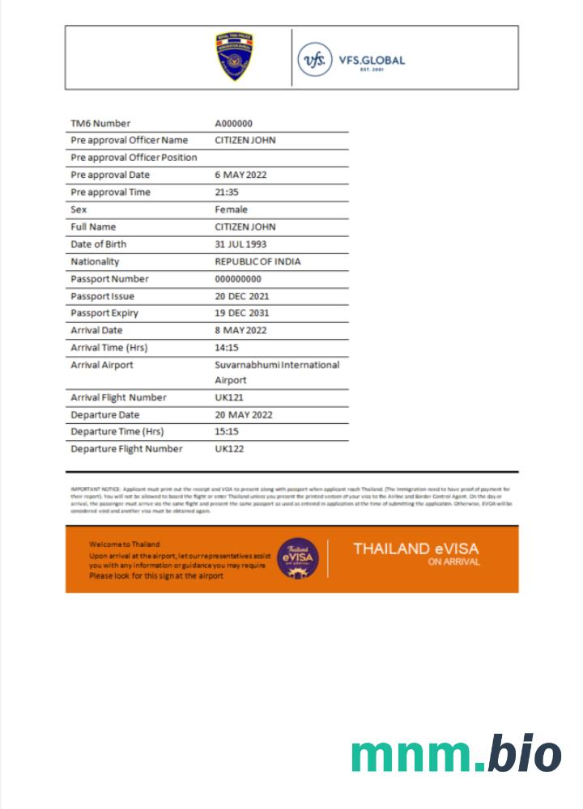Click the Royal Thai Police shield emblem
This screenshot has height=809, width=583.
233,57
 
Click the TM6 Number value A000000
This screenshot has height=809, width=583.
234,124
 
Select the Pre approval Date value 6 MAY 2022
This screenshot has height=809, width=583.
240,175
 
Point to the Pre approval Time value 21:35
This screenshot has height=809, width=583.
228,193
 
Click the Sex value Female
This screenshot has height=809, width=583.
231,210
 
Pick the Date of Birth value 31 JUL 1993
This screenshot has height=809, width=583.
240,244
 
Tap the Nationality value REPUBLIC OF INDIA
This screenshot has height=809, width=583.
257,261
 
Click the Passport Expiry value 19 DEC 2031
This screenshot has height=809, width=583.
242,313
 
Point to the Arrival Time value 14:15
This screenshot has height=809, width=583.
228,347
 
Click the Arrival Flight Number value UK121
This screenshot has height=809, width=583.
229,397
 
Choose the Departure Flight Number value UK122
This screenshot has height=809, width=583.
229,449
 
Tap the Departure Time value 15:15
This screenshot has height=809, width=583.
228,431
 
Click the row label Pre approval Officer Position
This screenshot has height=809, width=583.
134,158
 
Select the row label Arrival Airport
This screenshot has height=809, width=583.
102,365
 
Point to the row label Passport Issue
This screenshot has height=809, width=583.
103,296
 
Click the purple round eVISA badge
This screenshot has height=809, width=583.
298,558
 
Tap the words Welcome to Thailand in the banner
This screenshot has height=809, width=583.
125,544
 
